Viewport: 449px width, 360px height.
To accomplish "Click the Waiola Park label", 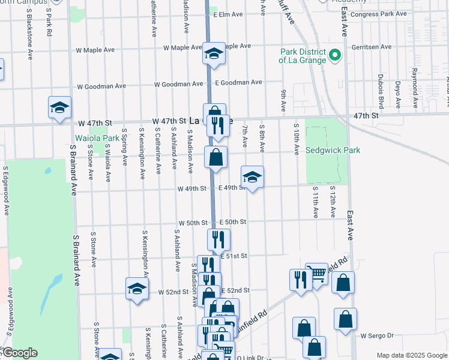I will click(x=97, y=138).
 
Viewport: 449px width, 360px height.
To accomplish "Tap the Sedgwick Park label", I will click(x=333, y=150).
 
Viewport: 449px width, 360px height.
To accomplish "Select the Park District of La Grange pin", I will click(x=335, y=56).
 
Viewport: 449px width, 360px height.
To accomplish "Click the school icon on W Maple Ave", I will click(x=213, y=54).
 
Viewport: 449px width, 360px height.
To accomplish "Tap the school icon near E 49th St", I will click(x=252, y=177).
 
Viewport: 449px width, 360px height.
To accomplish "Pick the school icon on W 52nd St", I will click(x=137, y=289).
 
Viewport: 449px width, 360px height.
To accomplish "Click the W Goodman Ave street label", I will click(x=101, y=86).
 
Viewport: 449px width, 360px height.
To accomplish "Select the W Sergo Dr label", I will click(x=376, y=335).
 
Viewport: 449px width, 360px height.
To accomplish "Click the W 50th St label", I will click(x=192, y=223).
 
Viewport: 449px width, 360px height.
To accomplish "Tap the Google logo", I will click(x=19, y=353).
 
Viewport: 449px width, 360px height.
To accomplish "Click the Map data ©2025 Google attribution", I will click(x=411, y=355).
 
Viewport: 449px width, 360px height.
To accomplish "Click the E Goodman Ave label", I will click(x=238, y=82).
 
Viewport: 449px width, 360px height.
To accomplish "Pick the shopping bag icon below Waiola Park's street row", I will click(x=216, y=158).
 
